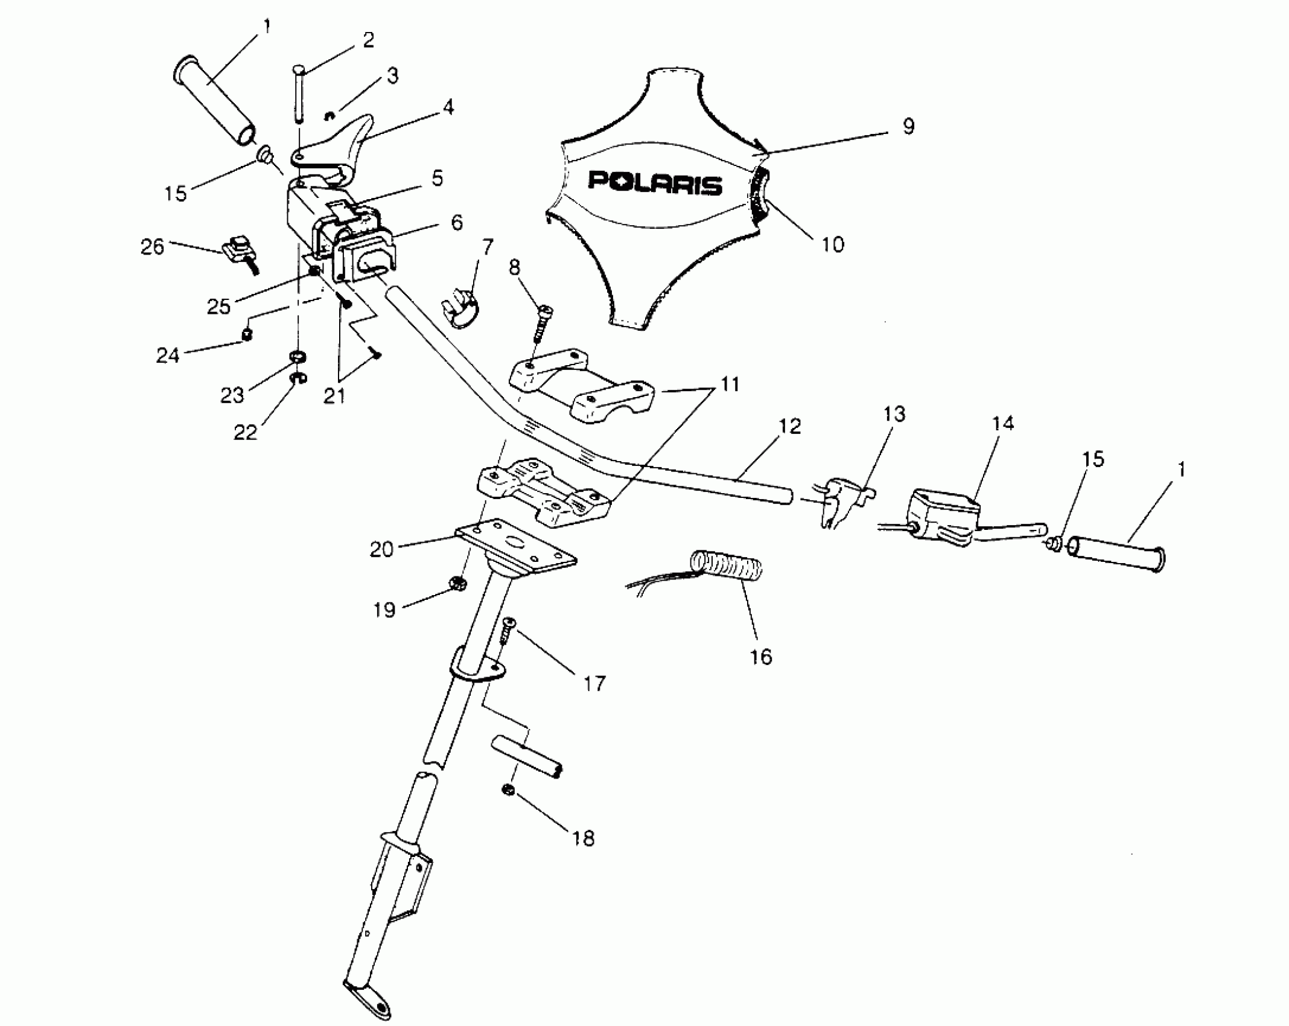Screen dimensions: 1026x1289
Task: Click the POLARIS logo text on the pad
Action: [655, 183]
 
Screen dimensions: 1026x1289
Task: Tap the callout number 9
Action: [908, 126]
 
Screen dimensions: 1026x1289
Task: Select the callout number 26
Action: [152, 246]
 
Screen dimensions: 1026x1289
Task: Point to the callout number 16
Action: [761, 656]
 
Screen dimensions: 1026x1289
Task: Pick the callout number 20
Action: [381, 549]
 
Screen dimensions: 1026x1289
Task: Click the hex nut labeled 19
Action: [458, 584]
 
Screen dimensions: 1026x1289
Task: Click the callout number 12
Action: [789, 426]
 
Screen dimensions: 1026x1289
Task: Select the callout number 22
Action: [246, 432]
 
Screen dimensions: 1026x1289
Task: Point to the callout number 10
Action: [833, 244]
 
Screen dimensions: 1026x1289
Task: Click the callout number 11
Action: [730, 384]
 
